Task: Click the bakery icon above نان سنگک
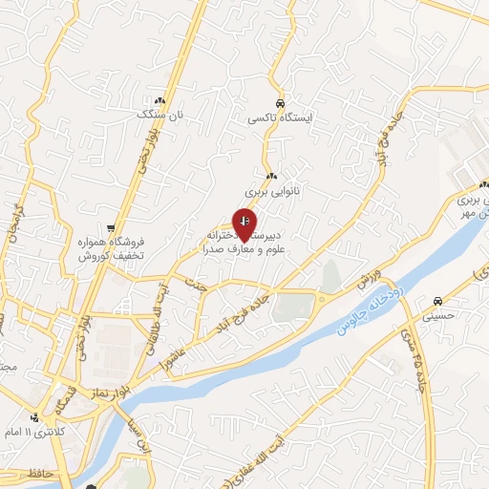pos(159,100)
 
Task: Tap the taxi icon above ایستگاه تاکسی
pos(279,104)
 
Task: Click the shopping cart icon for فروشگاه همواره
pos(113,229)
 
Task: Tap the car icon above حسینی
pos(436,296)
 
